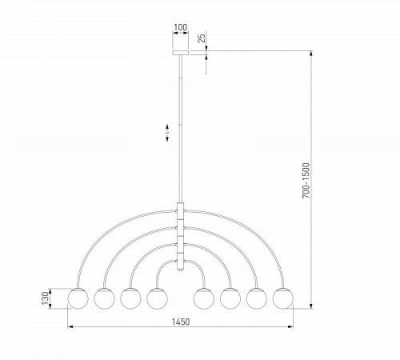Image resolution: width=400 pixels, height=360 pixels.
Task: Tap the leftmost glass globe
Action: pos(78,299)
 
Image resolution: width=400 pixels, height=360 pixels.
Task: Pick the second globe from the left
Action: pos(104,299)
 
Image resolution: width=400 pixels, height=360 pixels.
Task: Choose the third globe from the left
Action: pos(130,299)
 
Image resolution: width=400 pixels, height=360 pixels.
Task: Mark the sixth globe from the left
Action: pos(231,299)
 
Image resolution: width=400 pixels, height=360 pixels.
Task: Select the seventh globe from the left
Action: pos(257,299)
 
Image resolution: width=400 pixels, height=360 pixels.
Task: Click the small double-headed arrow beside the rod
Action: pos(166,131)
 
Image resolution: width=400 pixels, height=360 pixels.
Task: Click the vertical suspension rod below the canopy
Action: pos(181,128)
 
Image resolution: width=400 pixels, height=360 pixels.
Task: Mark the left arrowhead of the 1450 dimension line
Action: pos(70,328)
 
